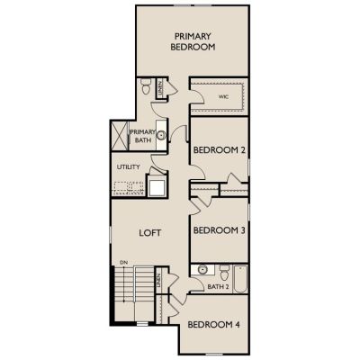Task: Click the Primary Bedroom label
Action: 193,41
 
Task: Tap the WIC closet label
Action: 223,97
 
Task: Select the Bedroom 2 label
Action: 220,150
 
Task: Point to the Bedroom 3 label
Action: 220,230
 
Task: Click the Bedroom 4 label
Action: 213,325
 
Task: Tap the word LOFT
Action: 150,233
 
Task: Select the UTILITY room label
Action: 129,166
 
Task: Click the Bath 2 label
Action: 218,287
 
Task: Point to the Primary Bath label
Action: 143,136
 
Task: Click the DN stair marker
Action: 124,263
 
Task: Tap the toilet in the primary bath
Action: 146,86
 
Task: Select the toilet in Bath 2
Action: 224,273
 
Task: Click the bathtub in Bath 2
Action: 240,279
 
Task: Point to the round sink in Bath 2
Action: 202,270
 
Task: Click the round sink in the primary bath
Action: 162,135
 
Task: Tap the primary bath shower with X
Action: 120,135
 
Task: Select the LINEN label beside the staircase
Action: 158,281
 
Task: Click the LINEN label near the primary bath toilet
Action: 160,88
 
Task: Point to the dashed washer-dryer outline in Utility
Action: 129,188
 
